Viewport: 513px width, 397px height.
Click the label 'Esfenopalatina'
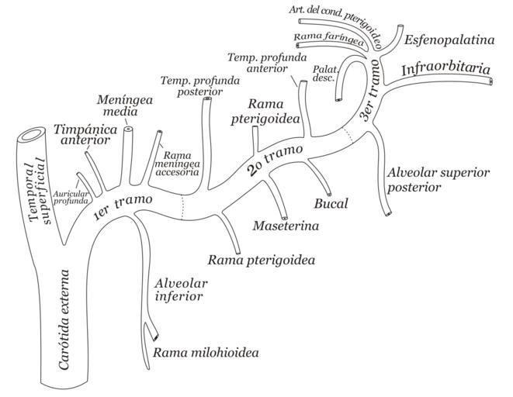point(449,39)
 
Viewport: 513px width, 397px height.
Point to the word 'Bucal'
point(331,204)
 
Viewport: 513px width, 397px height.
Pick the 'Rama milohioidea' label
point(206,353)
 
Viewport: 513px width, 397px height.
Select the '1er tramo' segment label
point(121,209)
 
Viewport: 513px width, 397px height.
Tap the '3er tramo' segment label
point(371,102)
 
